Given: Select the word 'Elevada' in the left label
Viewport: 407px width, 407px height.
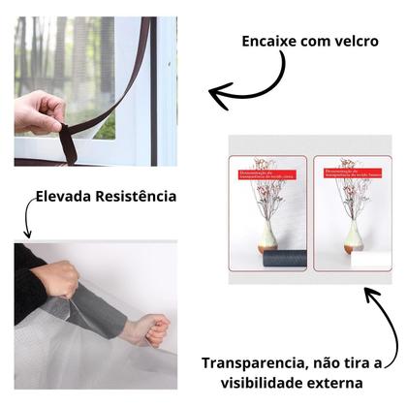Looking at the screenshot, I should click(66, 197).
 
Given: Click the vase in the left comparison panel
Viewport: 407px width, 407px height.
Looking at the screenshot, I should click(268, 235).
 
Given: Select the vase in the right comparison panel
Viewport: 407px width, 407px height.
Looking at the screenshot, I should click(351, 235).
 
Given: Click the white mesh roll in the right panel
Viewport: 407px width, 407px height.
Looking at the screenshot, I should click(367, 260).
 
